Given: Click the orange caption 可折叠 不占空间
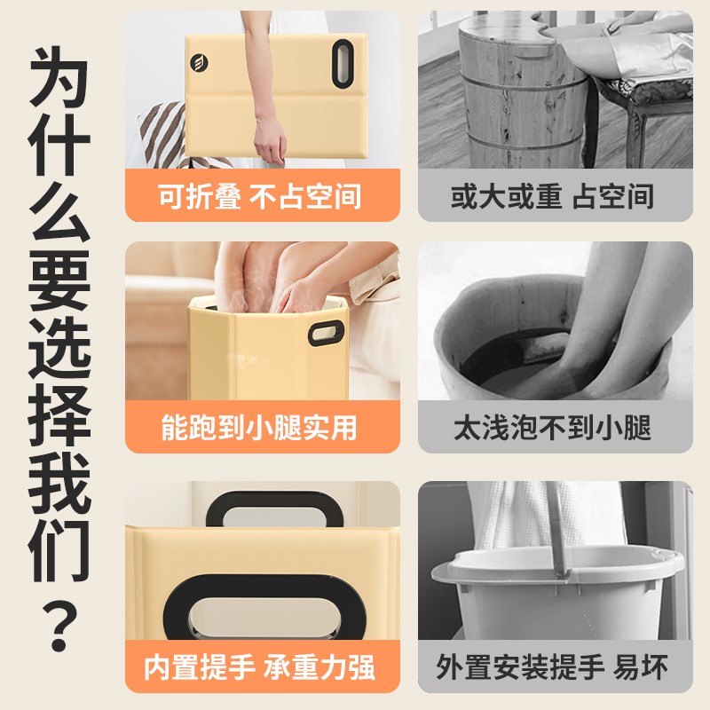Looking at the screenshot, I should click(x=259, y=195).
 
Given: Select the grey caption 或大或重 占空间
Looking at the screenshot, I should click(x=552, y=195).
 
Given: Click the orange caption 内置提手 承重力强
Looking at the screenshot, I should click(x=259, y=667).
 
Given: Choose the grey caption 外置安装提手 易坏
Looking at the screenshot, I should click(x=552, y=667).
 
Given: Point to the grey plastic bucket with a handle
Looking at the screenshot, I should click(x=555, y=595).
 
